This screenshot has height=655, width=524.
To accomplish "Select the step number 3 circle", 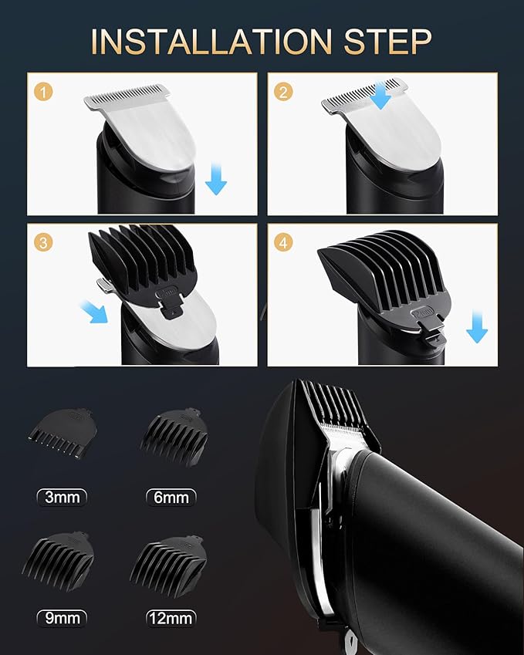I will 45,241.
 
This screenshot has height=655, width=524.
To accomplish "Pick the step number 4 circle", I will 285,241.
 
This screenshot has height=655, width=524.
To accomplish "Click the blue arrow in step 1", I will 216,182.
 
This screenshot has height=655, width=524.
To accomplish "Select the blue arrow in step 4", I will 477,329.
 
